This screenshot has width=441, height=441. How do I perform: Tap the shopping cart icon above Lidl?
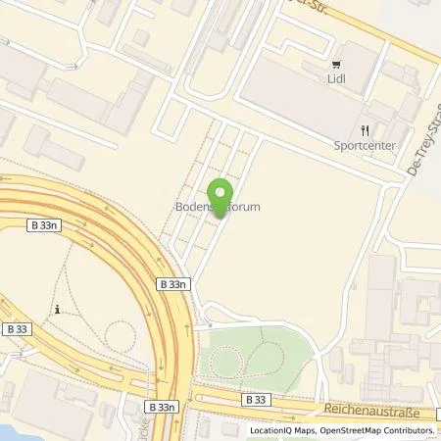pyautogui.click(x=340, y=60)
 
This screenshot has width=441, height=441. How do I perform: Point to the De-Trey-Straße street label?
pyautogui.click(x=421, y=147)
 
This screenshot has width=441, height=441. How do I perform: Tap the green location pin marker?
pyautogui.click(x=221, y=193)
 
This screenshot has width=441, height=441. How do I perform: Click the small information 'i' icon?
pyautogui.click(x=58, y=310)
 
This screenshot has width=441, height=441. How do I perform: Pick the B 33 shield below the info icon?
pyautogui.click(x=17, y=327)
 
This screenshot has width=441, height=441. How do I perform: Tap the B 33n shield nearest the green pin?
pyautogui.click(x=171, y=281)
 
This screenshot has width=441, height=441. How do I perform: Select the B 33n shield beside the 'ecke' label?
pyautogui.click(x=162, y=405)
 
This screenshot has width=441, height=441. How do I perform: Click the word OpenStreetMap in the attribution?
pyautogui.click(x=344, y=430)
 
